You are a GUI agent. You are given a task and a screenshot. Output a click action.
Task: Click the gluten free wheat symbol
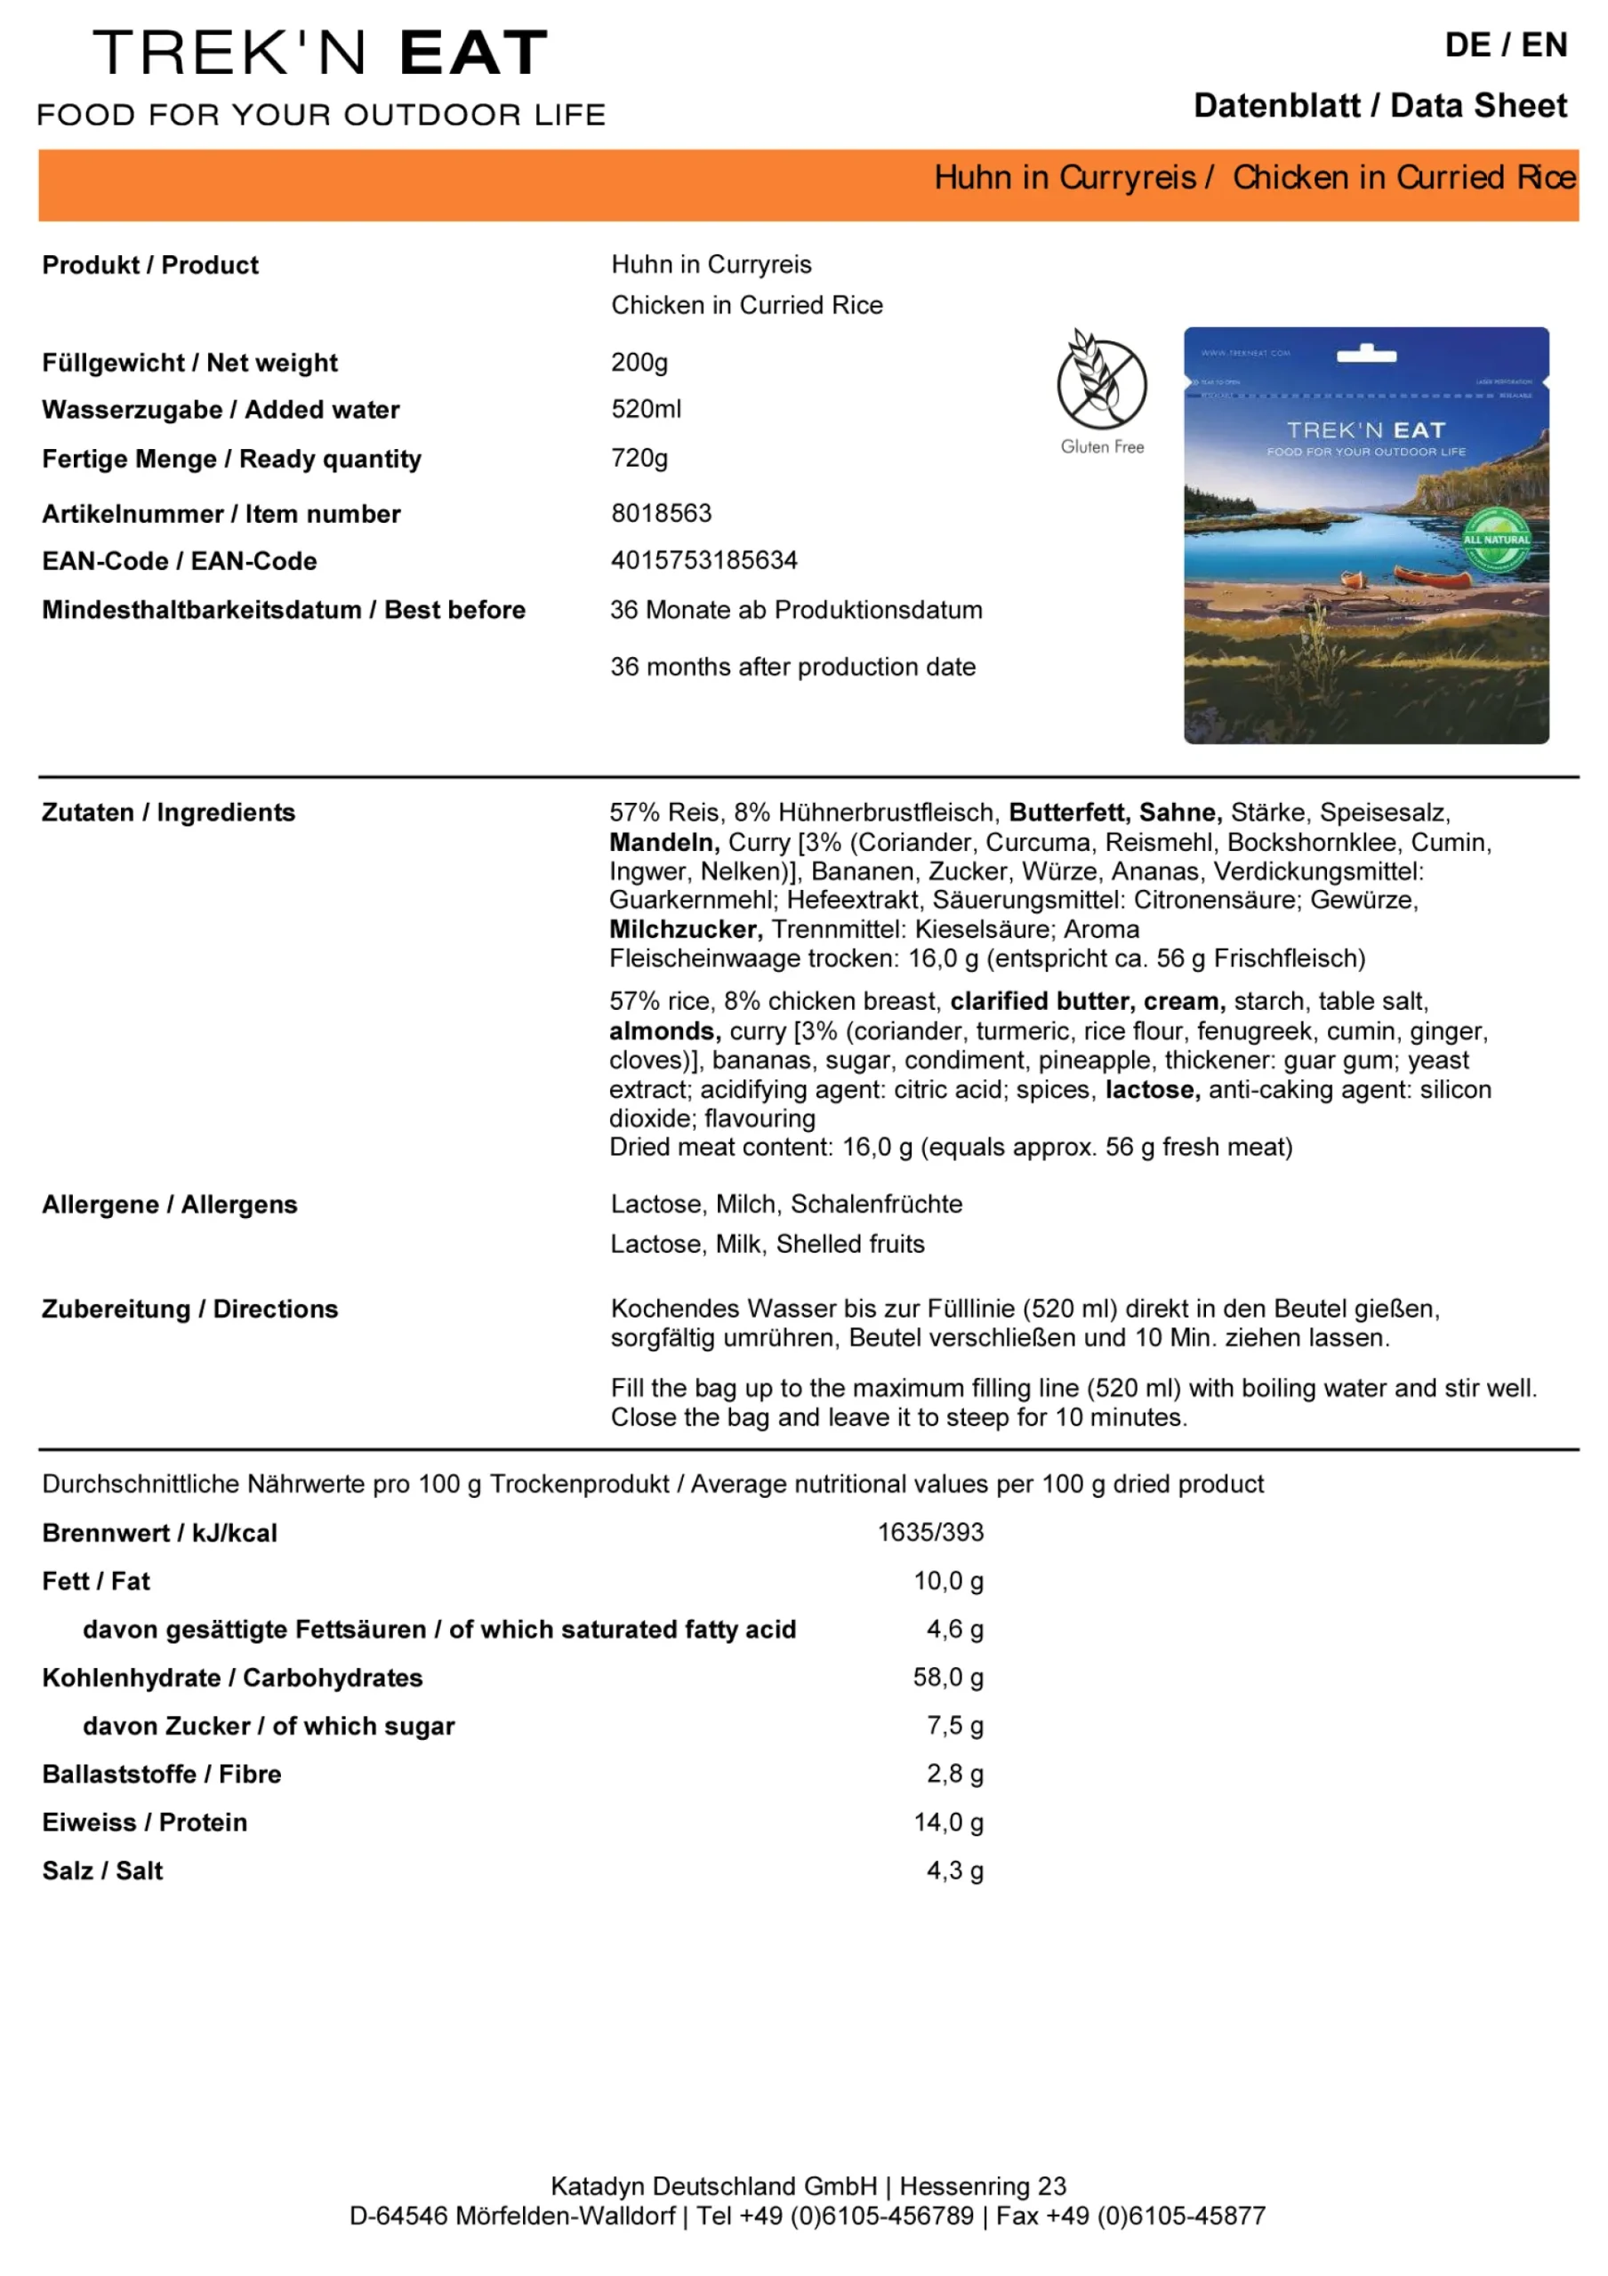1100,380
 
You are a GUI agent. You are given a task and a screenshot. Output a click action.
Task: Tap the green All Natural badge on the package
1495,541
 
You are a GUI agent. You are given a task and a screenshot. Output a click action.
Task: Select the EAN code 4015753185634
703,560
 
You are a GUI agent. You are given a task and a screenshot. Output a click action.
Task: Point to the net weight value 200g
639,362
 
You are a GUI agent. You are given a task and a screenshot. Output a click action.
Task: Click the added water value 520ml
646,408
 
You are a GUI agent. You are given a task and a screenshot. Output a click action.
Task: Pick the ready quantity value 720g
639,458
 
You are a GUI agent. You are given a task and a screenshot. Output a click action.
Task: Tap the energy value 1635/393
930,1532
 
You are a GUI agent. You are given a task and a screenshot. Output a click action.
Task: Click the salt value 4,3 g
953,1870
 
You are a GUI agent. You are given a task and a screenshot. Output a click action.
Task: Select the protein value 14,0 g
948,1821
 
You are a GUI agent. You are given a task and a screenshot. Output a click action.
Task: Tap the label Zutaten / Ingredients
168,812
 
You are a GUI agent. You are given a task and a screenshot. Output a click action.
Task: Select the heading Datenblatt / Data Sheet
1379,105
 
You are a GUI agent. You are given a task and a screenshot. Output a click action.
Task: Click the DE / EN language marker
1505,44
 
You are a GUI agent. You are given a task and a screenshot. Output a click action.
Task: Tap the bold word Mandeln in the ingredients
663,842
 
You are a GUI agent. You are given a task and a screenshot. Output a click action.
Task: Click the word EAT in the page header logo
473,52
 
